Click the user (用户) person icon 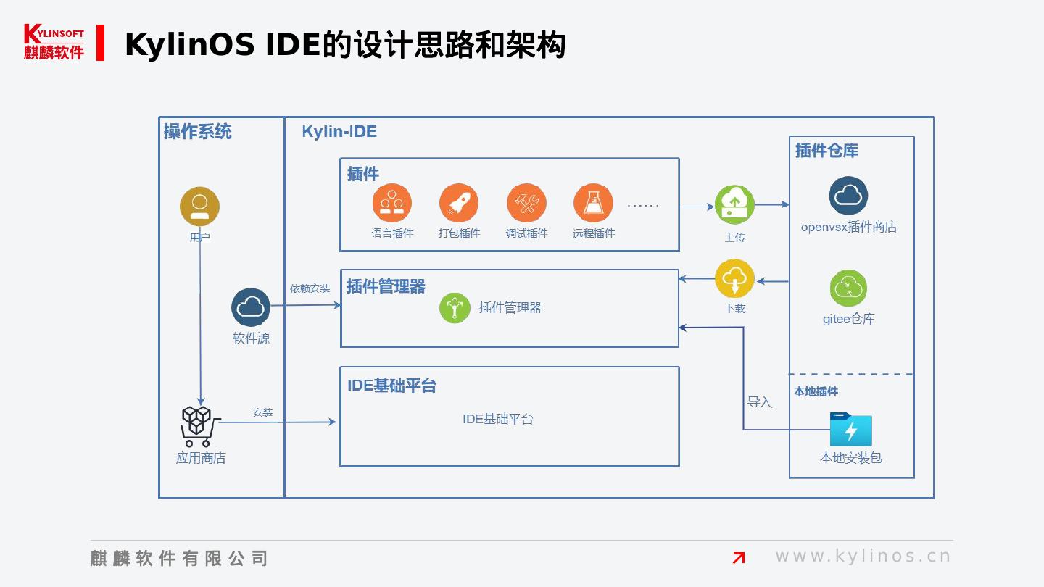coord(199,207)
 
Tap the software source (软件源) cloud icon coord(251,307)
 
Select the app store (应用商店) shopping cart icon coord(196,426)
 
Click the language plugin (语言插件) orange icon coord(392,203)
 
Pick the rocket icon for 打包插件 coord(459,203)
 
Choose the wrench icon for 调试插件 coord(526,203)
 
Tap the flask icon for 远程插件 coord(593,203)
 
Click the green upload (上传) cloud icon coord(734,205)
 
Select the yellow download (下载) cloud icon coord(734,279)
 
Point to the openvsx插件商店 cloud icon coord(848,196)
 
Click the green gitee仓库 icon coord(848,288)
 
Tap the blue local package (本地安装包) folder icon coord(850,429)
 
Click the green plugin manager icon coord(455,308)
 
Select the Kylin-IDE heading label coord(339,132)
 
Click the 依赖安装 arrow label coord(310,288)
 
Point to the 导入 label coord(760,402)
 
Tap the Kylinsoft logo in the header coord(54,42)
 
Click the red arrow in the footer coord(739,557)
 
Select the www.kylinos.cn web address coord(863,557)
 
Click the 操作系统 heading coord(198,132)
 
